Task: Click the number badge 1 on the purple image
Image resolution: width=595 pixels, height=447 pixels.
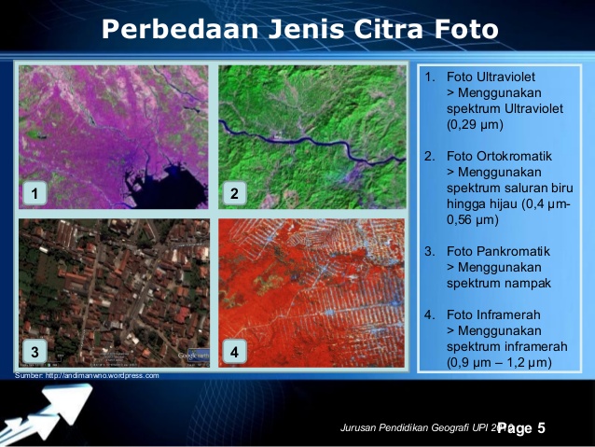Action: pyautogui.click(x=35, y=194)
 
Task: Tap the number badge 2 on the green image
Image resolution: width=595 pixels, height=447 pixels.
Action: pyautogui.click(x=234, y=194)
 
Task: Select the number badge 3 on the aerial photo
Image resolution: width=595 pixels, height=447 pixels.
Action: pyautogui.click(x=35, y=352)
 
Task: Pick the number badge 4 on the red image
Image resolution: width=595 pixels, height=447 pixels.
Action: pyautogui.click(x=234, y=352)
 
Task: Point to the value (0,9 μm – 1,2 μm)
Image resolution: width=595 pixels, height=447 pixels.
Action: pyautogui.click(x=499, y=362)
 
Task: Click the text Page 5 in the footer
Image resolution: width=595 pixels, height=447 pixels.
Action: pyautogui.click(x=521, y=428)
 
